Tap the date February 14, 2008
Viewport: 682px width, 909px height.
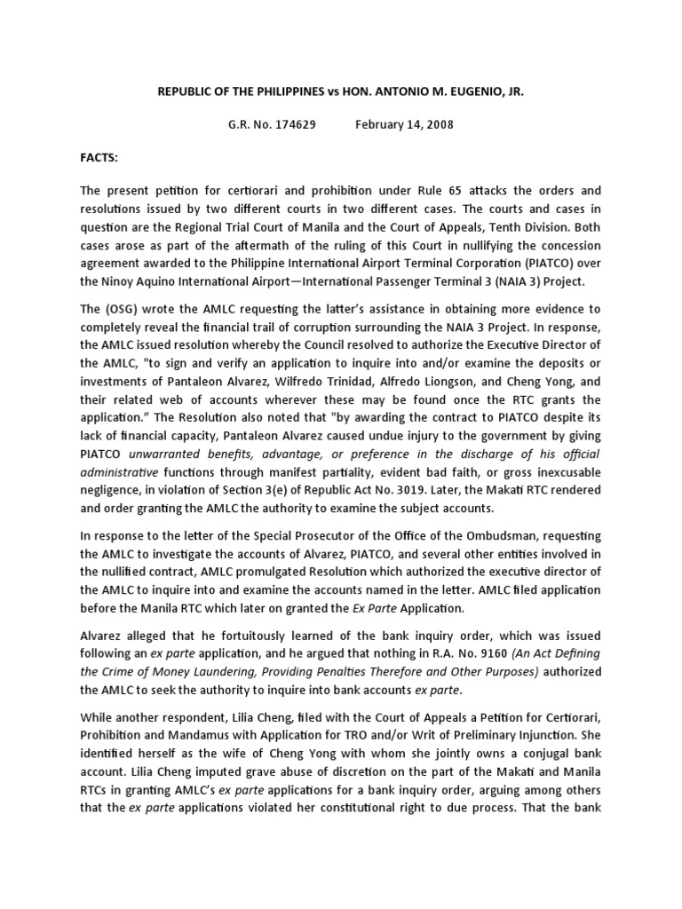pos(404,124)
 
